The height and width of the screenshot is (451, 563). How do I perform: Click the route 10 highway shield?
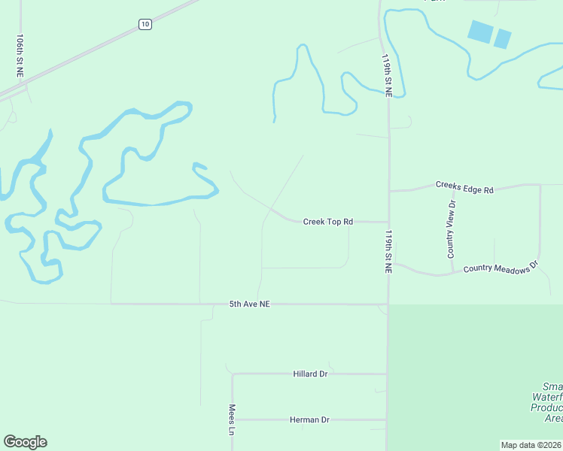[145, 25]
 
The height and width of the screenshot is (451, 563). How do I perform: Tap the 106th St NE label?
[20, 56]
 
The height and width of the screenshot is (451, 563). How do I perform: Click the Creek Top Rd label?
[327, 222]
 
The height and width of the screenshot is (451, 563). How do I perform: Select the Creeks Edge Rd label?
[464, 187]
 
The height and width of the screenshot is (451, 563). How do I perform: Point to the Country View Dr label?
[452, 229]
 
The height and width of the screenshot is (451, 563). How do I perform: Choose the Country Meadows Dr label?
[501, 267]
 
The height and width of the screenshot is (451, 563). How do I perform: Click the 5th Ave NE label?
[249, 304]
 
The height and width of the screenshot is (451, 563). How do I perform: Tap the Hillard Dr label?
[310, 374]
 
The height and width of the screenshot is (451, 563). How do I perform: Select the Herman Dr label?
[310, 419]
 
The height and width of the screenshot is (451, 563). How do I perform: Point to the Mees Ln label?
[232, 420]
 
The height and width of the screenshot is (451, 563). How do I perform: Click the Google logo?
[25, 442]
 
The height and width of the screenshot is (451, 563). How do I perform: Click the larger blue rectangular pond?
[479, 32]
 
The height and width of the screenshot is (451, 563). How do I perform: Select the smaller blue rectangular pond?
[502, 38]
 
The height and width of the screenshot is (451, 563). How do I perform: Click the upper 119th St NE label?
[387, 75]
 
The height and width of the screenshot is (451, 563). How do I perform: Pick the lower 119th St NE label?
[388, 251]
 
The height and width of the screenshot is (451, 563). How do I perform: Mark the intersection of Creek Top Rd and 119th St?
[388, 222]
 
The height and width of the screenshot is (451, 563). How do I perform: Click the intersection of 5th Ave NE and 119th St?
[388, 304]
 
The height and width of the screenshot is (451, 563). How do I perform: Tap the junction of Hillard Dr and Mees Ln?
[233, 374]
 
